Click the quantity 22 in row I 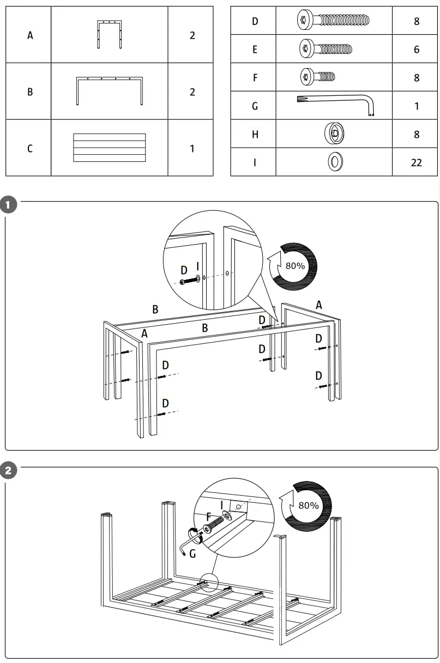point(416,162)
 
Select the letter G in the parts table point(255,106)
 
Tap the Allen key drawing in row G point(334,105)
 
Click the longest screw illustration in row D point(334,21)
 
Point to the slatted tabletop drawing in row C point(110,148)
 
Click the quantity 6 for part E point(417,50)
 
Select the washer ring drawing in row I point(334,162)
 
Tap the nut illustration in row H point(334,133)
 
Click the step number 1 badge point(9,205)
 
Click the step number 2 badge point(9,471)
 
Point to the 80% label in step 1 point(295,266)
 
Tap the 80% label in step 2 point(308,505)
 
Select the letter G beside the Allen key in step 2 point(192,554)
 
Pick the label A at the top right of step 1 point(319,305)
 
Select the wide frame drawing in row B point(110,91)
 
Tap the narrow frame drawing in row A point(110,34)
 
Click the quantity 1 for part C point(192,148)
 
